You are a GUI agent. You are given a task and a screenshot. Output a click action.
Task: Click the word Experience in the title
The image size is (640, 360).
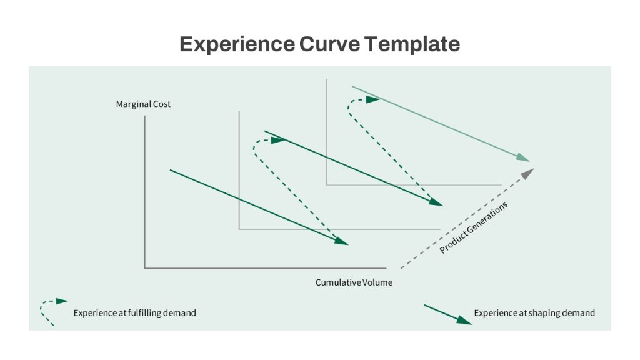click(237, 44)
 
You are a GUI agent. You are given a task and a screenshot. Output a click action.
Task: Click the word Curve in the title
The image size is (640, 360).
click(329, 44)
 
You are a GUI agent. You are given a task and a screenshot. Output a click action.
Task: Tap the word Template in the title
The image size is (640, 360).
click(412, 44)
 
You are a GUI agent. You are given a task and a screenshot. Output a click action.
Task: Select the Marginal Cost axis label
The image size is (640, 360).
click(143, 104)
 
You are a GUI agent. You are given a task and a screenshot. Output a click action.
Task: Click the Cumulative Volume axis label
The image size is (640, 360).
click(354, 282)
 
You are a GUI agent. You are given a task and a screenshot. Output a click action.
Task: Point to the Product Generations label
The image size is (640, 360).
click(474, 227)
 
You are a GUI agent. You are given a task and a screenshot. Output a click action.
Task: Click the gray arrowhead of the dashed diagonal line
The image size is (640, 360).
click(527, 174)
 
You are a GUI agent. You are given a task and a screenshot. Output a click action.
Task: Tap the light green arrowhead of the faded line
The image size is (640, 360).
click(522, 157)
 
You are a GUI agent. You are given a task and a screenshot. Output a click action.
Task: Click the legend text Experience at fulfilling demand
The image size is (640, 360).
click(135, 313)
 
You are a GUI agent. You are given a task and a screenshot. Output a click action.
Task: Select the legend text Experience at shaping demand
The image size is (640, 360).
click(534, 313)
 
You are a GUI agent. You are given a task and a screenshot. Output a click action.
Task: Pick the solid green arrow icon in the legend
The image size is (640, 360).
click(447, 314)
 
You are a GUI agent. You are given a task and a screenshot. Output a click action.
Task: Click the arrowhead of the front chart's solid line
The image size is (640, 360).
click(341, 241)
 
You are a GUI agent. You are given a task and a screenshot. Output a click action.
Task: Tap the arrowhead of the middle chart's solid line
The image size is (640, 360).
click(436, 202)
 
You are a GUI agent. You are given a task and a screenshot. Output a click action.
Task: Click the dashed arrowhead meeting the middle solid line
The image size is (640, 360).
click(278, 140)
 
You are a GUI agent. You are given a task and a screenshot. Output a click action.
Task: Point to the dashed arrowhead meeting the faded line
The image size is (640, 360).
click(373, 99)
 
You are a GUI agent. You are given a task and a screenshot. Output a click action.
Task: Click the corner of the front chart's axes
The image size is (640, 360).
click(144, 268)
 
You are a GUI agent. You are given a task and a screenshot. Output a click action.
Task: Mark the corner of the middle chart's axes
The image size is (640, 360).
click(239, 229)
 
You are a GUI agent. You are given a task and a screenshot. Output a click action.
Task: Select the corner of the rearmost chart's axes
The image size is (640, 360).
click(326, 185)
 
